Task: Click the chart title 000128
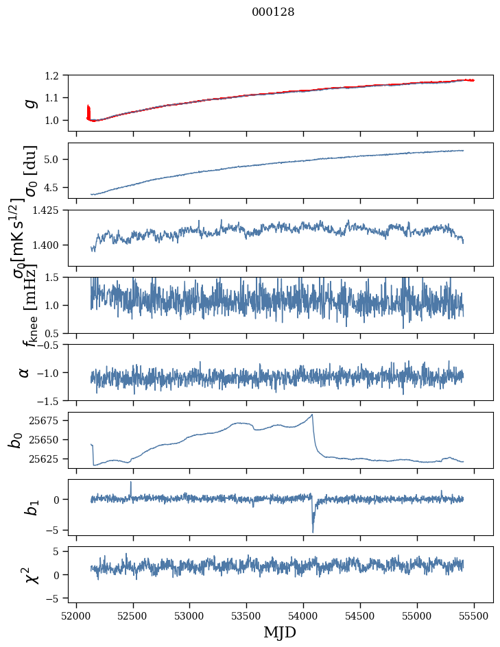(x=273, y=12)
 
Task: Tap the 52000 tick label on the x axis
(x=76, y=615)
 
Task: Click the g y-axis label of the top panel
(x=29, y=103)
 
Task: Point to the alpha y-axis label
(x=25, y=372)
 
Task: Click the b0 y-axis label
(x=16, y=439)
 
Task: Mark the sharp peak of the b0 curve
(x=312, y=415)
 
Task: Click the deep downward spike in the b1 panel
(x=313, y=531)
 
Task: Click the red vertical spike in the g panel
(x=88, y=111)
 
